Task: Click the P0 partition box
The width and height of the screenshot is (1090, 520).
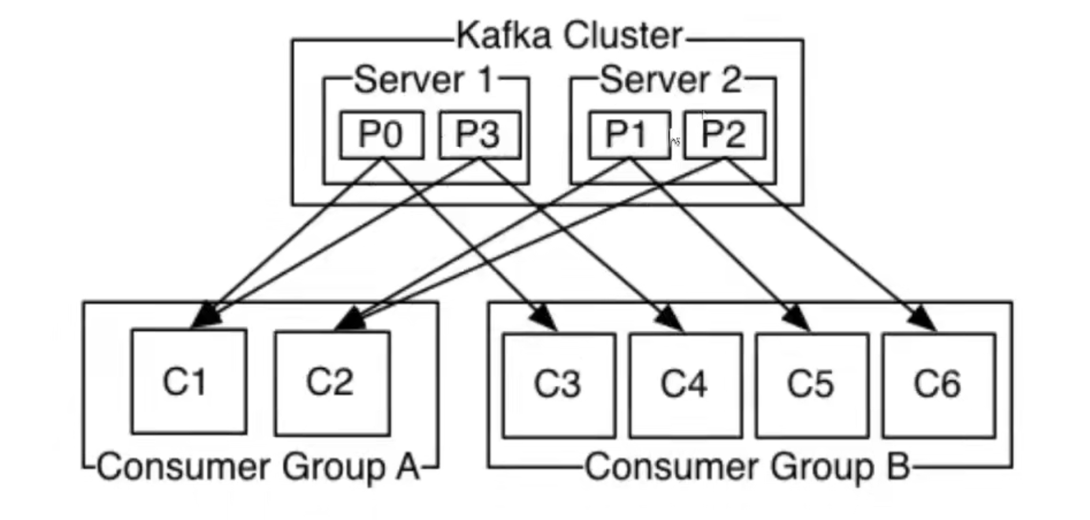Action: [381, 135]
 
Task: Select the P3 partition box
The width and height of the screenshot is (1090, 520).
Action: [480, 135]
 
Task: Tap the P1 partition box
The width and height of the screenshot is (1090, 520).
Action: [629, 135]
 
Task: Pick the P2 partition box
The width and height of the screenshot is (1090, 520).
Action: [725, 135]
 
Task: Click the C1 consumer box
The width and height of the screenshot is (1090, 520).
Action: [189, 381]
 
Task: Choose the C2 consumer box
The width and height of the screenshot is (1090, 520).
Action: [332, 383]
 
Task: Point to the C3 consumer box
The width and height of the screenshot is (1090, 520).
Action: [559, 385]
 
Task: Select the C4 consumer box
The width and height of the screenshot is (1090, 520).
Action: [686, 385]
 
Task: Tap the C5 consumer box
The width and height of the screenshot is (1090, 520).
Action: [812, 385]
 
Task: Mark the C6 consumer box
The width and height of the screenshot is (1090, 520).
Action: [939, 385]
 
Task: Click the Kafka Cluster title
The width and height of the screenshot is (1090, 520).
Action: [570, 36]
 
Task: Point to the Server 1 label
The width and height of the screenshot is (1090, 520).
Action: [424, 80]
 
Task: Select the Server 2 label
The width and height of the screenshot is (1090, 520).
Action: [671, 80]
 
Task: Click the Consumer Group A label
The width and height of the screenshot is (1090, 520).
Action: [258, 466]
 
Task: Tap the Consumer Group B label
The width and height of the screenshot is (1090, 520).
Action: [747, 466]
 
